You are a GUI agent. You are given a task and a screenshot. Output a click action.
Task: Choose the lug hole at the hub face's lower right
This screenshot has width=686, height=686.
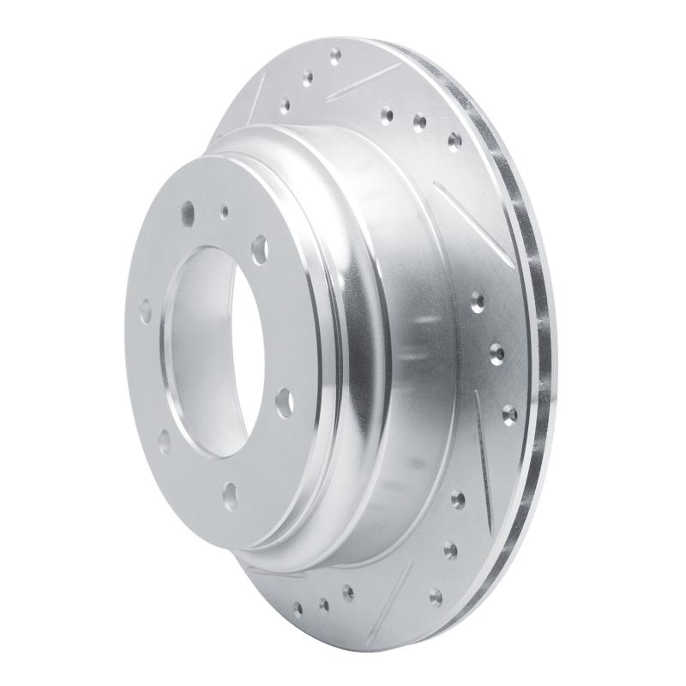point(283,402)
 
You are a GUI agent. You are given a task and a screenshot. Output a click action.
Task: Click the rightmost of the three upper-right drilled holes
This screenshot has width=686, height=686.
point(454,139)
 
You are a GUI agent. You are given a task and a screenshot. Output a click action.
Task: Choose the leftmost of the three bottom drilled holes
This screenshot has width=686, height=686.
point(298,609)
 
